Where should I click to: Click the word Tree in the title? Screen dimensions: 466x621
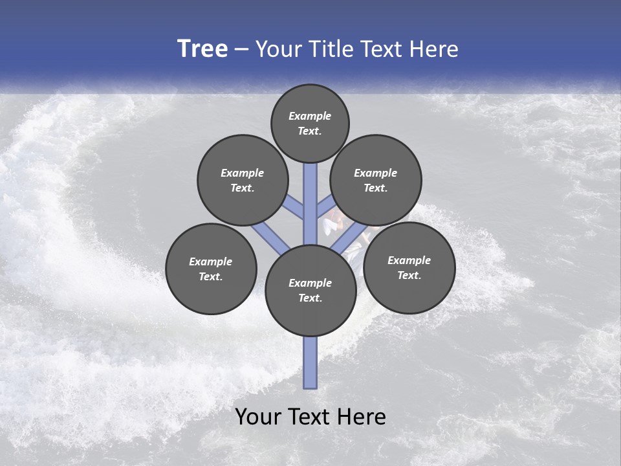click(x=202, y=49)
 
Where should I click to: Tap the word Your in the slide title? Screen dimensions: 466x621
click(x=279, y=49)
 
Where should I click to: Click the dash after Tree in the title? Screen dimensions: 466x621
click(x=241, y=50)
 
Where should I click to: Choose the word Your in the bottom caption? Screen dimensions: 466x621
click(x=258, y=417)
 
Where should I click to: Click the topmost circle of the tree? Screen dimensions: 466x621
click(x=310, y=123)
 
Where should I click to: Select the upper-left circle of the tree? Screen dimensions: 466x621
click(x=242, y=180)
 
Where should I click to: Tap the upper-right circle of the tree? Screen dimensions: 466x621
click(x=375, y=180)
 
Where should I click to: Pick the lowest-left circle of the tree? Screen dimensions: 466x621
click(x=211, y=269)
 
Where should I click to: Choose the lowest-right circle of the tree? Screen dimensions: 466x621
click(x=409, y=267)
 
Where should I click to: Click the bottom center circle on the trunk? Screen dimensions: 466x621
click(x=310, y=290)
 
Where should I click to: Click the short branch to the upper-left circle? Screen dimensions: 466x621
click(x=294, y=208)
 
